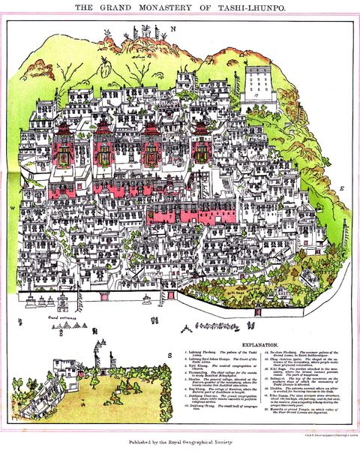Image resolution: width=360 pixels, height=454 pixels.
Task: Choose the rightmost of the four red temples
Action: pos(200,145)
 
